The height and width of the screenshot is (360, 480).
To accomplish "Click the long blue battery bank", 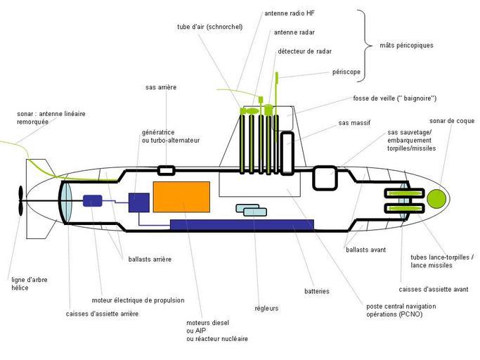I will click(x=242, y=224).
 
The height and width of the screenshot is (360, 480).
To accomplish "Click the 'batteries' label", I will click(x=317, y=291).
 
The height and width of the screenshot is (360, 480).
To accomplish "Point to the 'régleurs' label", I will click(x=266, y=308).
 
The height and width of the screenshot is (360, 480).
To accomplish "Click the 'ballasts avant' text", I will click(x=365, y=249).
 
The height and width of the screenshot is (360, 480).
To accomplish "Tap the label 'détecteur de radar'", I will click(x=304, y=51).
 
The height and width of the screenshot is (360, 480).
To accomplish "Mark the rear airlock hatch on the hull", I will click(x=165, y=170).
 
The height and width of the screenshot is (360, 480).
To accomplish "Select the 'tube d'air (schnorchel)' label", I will click(x=210, y=27).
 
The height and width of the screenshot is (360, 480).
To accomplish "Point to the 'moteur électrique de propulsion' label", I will click(x=138, y=300).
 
